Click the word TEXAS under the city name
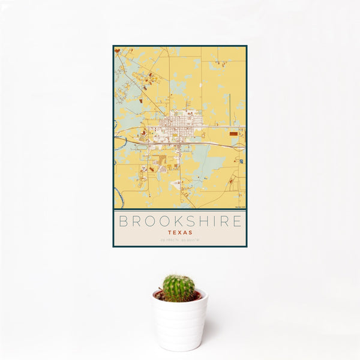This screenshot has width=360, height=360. [180, 232]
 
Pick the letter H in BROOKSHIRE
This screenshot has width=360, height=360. [202, 221]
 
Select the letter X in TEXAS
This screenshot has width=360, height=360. [180, 232]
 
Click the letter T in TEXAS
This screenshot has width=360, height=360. [170, 232]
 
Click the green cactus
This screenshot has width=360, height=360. [179, 287]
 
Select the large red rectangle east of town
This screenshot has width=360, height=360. [233, 133]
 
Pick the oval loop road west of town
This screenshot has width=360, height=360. [142, 146]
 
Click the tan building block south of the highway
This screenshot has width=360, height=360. [163, 160]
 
